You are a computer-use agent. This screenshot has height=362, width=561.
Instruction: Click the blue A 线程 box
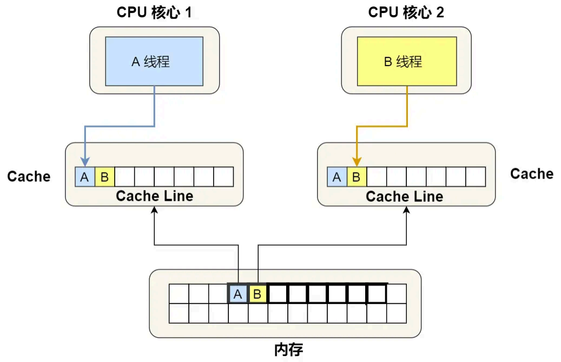[154, 61]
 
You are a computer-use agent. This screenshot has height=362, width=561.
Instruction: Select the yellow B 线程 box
[406, 61]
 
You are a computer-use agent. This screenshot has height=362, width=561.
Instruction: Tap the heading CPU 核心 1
[154, 12]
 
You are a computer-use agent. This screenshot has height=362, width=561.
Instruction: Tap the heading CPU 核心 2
[406, 12]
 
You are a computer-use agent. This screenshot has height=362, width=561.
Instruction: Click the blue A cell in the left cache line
[85, 177]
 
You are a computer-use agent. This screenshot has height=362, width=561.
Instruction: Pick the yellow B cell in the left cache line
[105, 177]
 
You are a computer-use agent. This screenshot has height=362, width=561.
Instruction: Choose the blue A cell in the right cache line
[337, 177]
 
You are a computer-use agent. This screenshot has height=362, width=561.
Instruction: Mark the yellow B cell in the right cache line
[357, 177]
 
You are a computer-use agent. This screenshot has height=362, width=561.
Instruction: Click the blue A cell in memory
[237, 294]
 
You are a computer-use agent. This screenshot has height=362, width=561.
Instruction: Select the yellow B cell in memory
[258, 294]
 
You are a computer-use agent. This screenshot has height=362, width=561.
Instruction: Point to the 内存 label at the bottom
[288, 350]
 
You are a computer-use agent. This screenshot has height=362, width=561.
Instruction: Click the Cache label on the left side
[29, 176]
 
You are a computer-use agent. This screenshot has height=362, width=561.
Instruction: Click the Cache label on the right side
[532, 174]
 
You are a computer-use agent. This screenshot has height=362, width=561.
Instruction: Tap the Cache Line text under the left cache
[154, 196]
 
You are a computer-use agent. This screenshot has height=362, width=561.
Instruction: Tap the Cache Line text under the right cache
[404, 196]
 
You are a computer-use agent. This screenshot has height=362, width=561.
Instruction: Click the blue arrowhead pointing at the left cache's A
[85, 162]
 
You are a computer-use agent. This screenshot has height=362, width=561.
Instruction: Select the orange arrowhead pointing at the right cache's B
[357, 162]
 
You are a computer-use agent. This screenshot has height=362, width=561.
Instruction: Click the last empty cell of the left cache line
[223, 177]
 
